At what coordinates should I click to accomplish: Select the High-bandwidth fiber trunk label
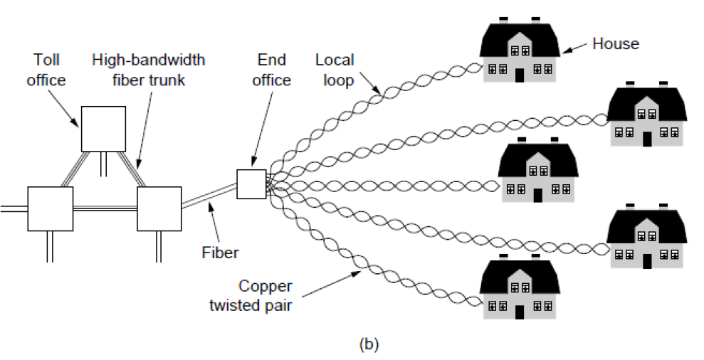(x=148, y=70)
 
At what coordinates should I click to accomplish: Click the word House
(x=616, y=44)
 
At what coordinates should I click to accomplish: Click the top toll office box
(x=103, y=129)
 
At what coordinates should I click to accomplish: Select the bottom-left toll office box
(x=50, y=208)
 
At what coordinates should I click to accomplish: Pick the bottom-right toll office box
(x=159, y=208)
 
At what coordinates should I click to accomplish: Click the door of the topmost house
(x=519, y=75)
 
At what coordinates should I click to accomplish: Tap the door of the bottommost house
(x=519, y=312)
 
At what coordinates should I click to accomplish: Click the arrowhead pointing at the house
(x=567, y=51)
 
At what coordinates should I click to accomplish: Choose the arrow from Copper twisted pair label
(x=335, y=279)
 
